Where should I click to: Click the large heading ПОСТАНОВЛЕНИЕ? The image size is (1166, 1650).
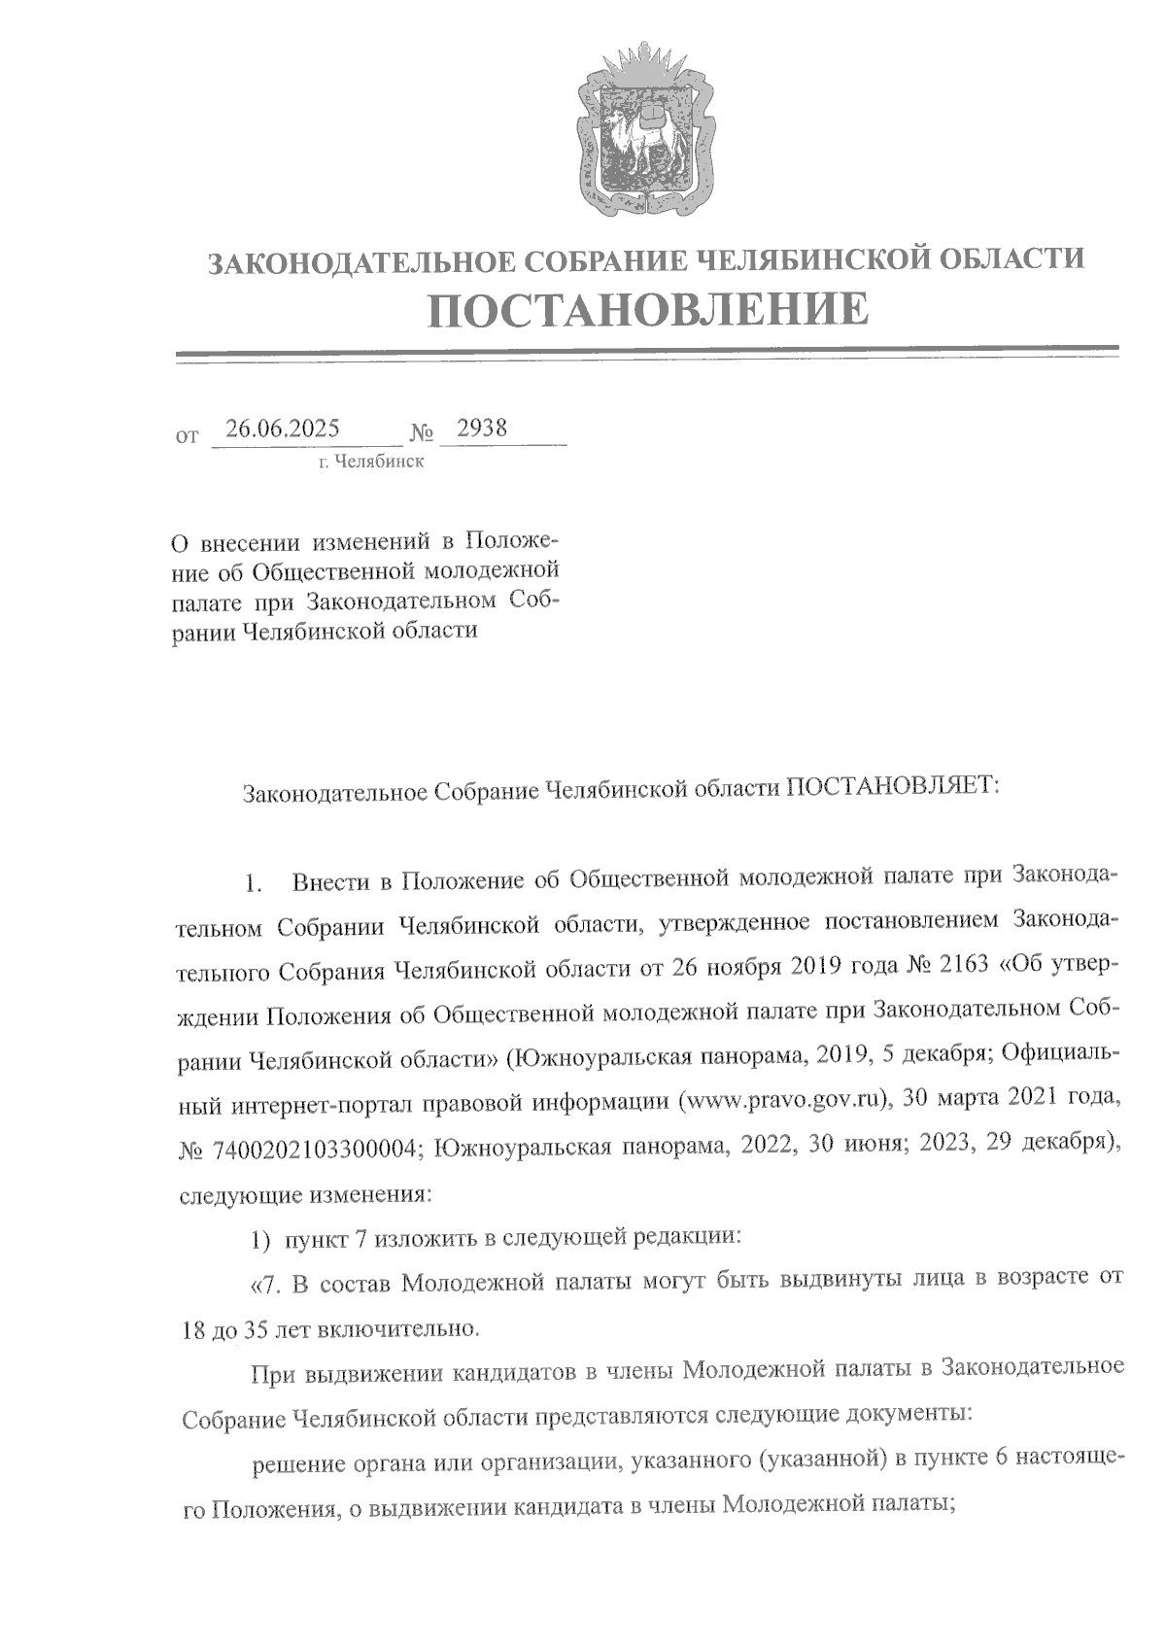coord(648,309)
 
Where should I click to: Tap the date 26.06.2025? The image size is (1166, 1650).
coord(282,429)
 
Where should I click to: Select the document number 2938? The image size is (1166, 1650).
coord(482,429)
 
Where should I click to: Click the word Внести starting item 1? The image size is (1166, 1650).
coord(330,881)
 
